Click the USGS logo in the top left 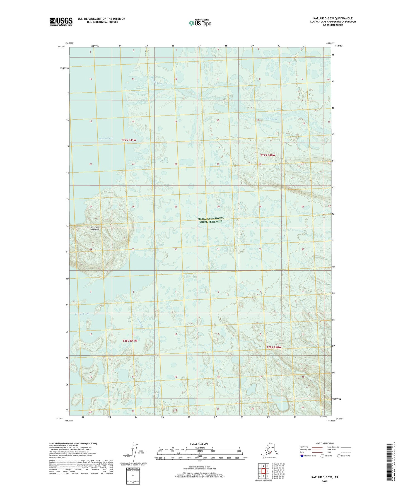[61, 21]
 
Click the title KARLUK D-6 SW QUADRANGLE [332, 18]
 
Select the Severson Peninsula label [95, 228]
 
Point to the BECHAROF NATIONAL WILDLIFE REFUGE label [211, 220]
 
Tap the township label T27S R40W [267, 155]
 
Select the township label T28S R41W [130, 341]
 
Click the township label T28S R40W [274, 347]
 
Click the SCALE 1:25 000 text [199, 443]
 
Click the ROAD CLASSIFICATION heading [324, 443]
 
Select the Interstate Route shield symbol [301, 456]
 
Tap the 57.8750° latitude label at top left [61, 47]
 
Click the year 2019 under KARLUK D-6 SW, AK [324, 481]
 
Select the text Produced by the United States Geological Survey [73, 443]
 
